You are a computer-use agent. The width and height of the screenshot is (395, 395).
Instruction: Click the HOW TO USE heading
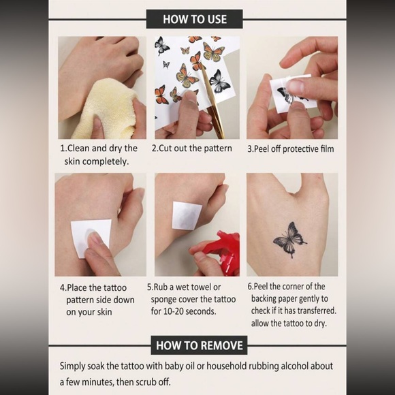pos(194,18)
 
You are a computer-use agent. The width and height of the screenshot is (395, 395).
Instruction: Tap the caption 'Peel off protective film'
pos(291,148)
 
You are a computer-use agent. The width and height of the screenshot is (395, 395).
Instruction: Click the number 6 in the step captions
pos(249,287)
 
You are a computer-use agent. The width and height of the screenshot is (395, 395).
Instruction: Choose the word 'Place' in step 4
pos(79,287)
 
